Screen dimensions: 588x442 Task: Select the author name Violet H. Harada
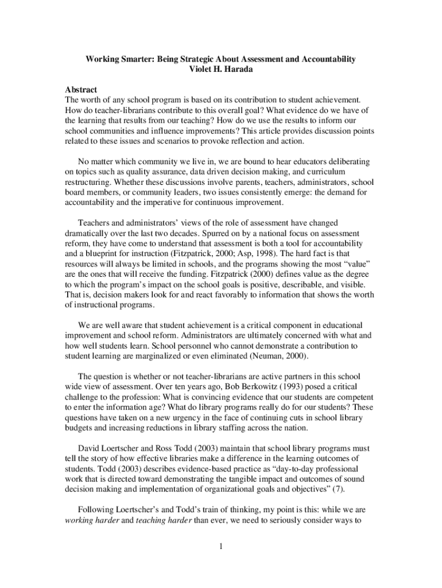point(221,69)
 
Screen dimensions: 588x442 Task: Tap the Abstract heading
point(81,90)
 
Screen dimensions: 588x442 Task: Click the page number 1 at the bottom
point(220,546)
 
